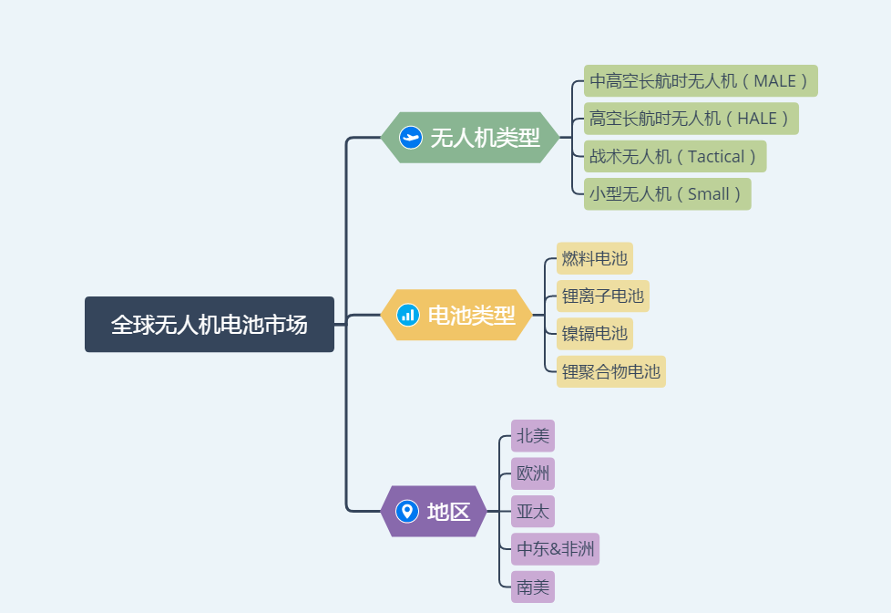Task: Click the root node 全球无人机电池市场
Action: (210, 325)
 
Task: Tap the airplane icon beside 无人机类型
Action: (411, 138)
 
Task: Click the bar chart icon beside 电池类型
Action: (408, 316)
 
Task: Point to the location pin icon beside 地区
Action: (407, 512)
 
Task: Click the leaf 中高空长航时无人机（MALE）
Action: (700, 81)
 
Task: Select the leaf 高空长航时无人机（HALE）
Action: (691, 119)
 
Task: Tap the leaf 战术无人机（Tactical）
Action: (674, 156)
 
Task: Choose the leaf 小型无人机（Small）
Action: (667, 194)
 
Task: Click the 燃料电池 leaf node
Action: (595, 258)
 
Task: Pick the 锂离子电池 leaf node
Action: (602, 296)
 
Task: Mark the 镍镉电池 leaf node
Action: (594, 334)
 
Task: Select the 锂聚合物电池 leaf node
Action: (610, 371)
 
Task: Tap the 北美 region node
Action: (533, 436)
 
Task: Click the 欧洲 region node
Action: (533, 473)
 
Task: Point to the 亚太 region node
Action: (533, 512)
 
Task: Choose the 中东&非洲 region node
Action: (555, 549)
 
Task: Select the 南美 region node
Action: (533, 587)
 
